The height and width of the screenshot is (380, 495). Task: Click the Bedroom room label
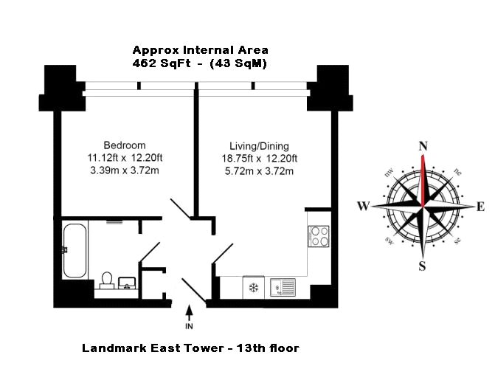point(125,145)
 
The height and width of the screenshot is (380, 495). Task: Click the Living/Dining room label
point(259,146)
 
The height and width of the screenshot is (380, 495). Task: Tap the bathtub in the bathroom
point(75,251)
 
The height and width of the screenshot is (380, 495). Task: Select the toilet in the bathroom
point(107,280)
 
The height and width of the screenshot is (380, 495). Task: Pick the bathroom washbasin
point(127,283)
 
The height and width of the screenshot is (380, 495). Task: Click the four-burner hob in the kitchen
point(319,236)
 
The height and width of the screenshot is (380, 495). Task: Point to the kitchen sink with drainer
point(283,287)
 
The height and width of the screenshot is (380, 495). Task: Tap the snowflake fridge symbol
point(254,288)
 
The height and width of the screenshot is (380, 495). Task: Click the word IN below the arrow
point(189,326)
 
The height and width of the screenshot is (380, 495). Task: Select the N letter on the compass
point(423,146)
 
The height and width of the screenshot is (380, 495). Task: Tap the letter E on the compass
point(480,207)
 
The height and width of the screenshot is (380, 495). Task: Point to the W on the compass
point(364,206)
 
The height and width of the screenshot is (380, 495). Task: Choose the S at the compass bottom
point(423,266)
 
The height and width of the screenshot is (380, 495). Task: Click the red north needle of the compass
point(423,180)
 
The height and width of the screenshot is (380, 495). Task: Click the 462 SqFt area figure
point(162,63)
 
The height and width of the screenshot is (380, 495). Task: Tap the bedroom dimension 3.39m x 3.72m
point(125,170)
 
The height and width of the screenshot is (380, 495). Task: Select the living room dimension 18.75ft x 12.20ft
point(259,158)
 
